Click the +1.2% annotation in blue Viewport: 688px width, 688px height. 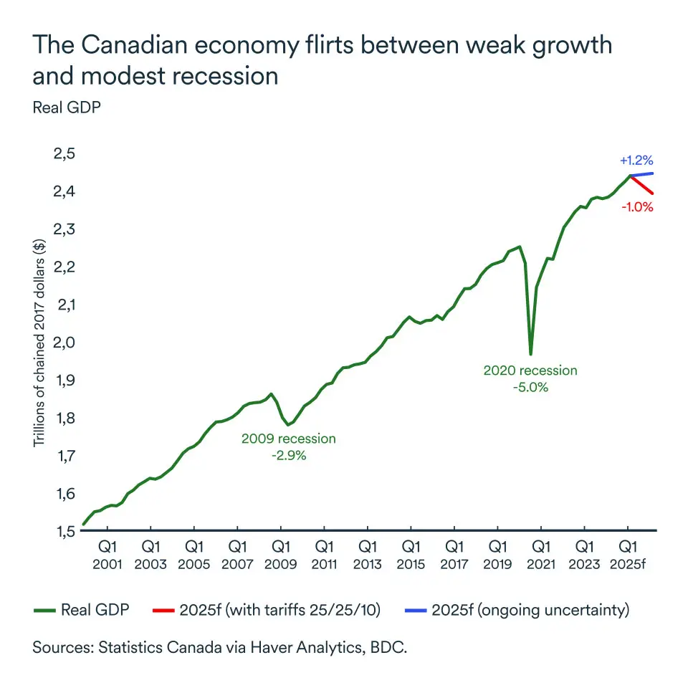[636, 160]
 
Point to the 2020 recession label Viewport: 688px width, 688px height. [530, 371]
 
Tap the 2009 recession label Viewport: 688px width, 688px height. [288, 439]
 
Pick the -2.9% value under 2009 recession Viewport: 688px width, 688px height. [288, 455]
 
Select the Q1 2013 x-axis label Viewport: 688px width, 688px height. [368, 555]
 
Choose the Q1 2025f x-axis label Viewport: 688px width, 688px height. [629, 555]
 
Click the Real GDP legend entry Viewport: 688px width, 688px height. [82, 611]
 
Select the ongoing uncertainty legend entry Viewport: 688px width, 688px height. [532, 611]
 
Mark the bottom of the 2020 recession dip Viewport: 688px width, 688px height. [530, 353]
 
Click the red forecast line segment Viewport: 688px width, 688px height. [642, 185]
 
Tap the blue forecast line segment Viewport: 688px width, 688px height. [642, 174]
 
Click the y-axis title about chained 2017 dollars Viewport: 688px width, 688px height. [39, 343]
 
